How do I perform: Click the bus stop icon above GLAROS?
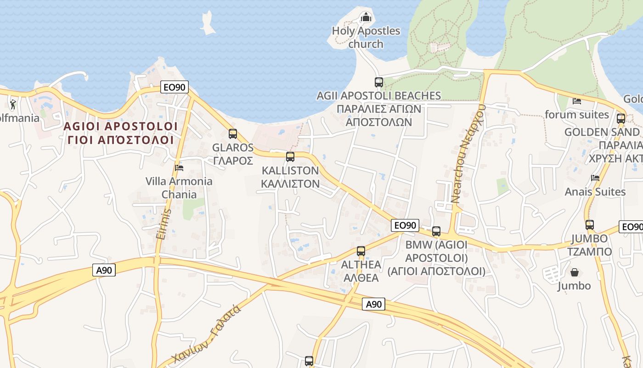tap(233, 134)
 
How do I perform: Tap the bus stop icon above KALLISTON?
tap(290, 157)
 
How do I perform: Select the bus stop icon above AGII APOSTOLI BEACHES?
tap(379, 82)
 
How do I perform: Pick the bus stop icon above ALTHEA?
tap(361, 251)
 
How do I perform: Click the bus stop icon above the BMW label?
tap(436, 231)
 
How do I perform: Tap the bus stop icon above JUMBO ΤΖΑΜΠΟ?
tap(590, 225)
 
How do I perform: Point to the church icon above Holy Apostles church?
tap(366, 17)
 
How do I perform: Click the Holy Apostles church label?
tap(366, 37)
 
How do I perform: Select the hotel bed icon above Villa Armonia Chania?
tap(179, 167)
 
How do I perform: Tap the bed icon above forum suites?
tap(577, 101)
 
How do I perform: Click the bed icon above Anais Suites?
tap(595, 178)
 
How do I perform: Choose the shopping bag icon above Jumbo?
tap(574, 272)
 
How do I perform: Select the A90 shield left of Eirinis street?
tap(104, 270)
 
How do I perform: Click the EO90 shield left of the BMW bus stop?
tap(406, 225)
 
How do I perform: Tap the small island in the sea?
tap(208, 23)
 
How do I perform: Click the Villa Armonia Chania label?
tap(179, 188)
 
